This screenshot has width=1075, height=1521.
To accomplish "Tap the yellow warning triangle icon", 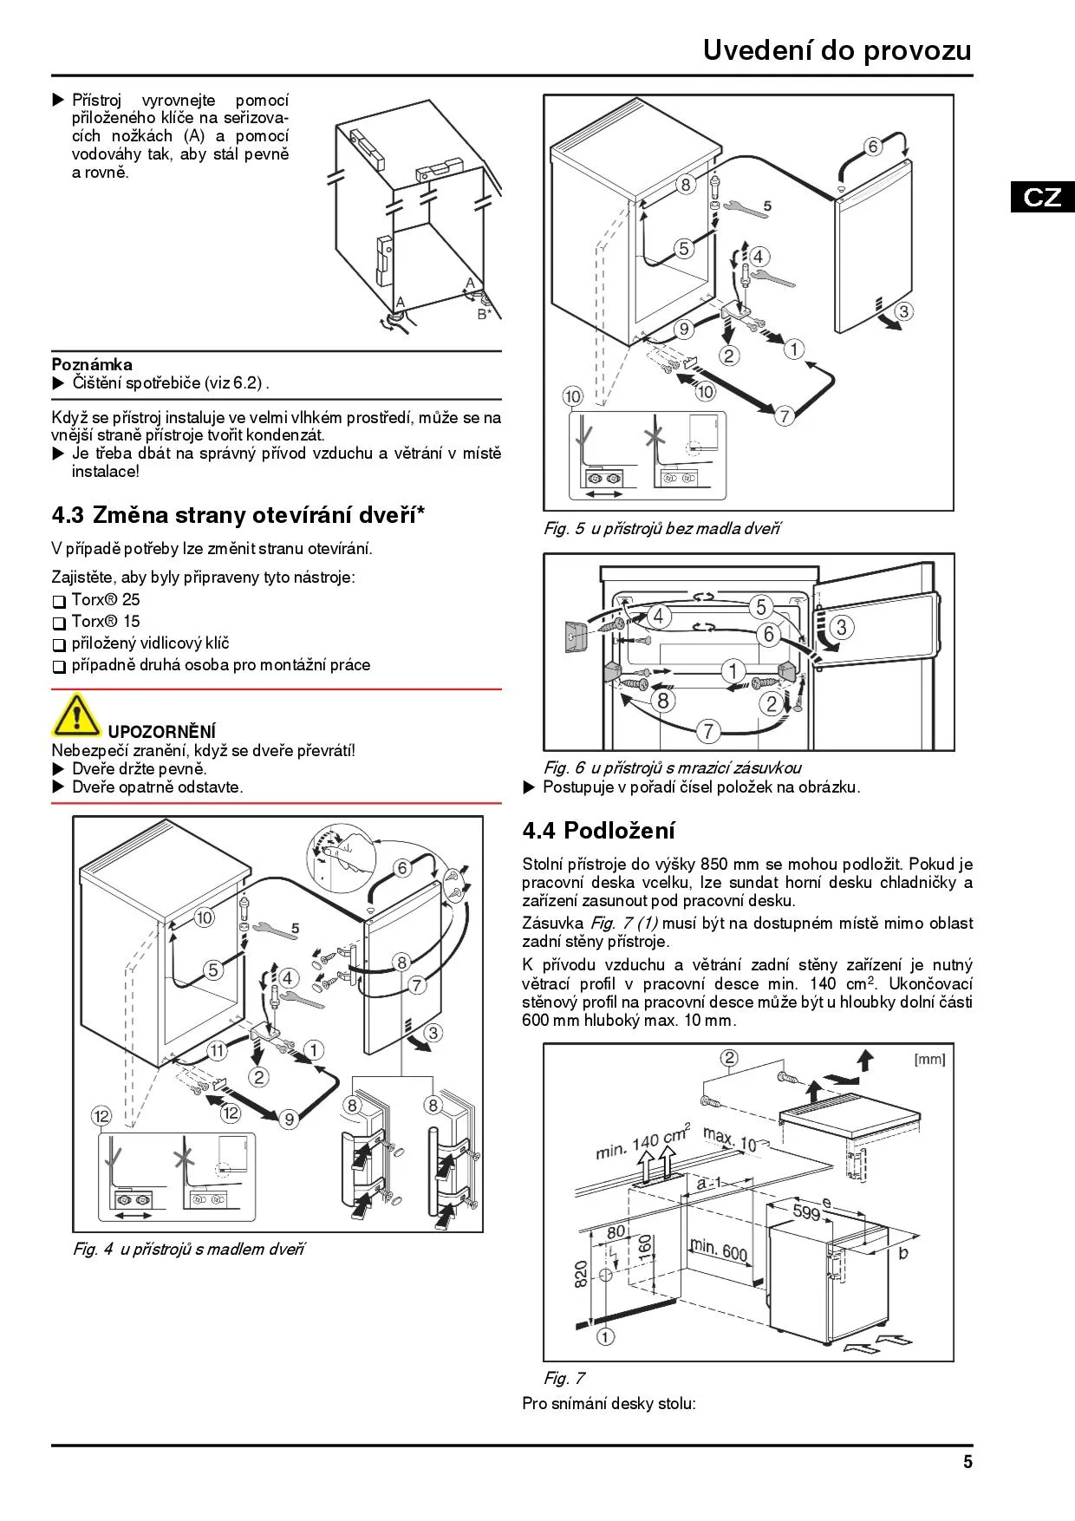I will (75, 715).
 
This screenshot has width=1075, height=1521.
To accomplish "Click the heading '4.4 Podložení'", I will (598, 831).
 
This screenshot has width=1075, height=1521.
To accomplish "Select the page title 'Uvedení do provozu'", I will (837, 50).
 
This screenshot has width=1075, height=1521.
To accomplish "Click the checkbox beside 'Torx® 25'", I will (59, 601).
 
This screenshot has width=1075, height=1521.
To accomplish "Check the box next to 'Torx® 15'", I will (59, 623).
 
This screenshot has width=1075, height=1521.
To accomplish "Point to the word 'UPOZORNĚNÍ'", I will (162, 732).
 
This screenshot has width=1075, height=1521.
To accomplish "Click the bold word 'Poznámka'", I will (92, 364).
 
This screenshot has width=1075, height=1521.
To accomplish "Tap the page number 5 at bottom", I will (967, 1462).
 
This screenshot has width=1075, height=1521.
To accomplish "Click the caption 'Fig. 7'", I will (564, 1378).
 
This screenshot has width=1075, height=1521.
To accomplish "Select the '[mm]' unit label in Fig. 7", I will (929, 1059).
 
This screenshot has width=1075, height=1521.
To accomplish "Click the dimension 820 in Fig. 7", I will (581, 1273).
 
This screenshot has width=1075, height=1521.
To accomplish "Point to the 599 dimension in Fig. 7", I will (806, 1211).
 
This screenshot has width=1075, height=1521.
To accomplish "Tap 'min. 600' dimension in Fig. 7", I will (718, 1250).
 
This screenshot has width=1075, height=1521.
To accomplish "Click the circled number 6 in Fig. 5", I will (873, 147).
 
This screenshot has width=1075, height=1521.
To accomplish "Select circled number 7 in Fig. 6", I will (708, 730).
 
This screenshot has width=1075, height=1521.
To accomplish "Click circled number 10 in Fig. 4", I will (204, 917).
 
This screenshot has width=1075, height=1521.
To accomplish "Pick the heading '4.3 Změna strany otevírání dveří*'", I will (238, 515).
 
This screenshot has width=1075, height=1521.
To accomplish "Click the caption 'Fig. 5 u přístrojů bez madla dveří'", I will (661, 528).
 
